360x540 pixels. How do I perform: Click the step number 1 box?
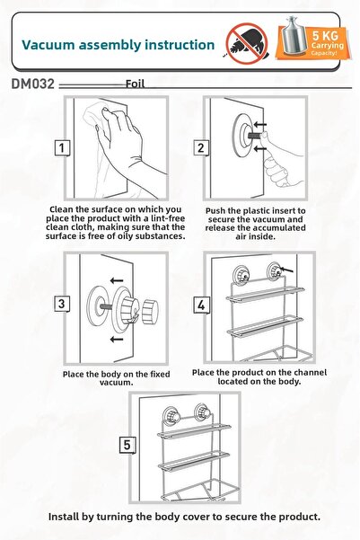pyautogui.click(x=62, y=148)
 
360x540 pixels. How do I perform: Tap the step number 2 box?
pyautogui.click(x=201, y=148)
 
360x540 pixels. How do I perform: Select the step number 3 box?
pyautogui.click(x=62, y=304)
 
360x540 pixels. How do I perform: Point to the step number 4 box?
pyautogui.click(x=201, y=305)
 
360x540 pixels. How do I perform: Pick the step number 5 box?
pyautogui.click(x=127, y=445)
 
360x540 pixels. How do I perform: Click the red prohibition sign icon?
pyautogui.click(x=246, y=44)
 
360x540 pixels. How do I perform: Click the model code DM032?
pyautogui.click(x=32, y=84)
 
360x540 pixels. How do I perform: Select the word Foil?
pyautogui.click(x=135, y=84)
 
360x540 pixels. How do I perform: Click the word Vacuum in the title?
pyautogui.click(x=48, y=45)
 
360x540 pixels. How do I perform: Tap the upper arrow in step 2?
pyautogui.click(x=260, y=124)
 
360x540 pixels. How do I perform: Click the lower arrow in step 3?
pyautogui.click(x=117, y=340)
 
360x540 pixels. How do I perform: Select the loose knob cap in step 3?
pyautogui.click(x=150, y=311)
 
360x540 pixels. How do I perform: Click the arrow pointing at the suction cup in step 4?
pyautogui.click(x=287, y=270)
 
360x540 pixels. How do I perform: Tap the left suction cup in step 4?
pyautogui.click(x=241, y=274)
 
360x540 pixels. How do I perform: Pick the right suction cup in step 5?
pyautogui.click(x=201, y=412)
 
